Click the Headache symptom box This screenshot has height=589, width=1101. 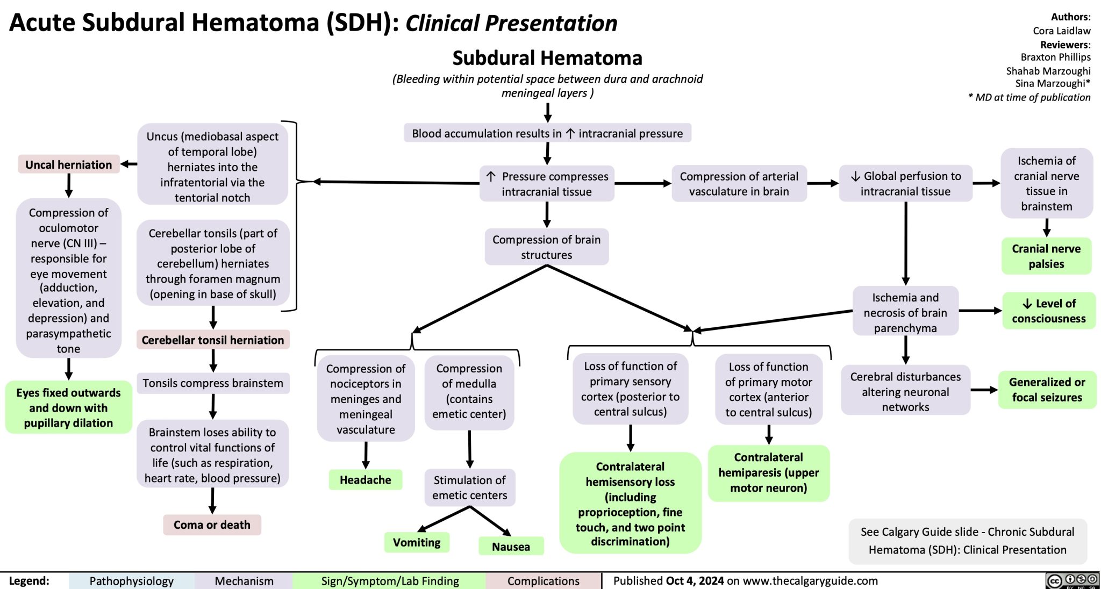(366, 479)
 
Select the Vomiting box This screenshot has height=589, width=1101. (417, 542)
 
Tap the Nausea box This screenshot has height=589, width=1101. (511, 547)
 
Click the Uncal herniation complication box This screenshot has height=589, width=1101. (69, 164)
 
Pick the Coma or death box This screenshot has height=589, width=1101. (212, 525)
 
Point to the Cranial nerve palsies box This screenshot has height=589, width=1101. (1046, 256)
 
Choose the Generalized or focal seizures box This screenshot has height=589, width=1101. (1047, 390)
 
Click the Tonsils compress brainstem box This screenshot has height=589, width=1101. (213, 383)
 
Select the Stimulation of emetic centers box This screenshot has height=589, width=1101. (470, 487)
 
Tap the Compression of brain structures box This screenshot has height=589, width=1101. (546, 247)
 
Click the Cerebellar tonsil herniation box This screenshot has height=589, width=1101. (213, 340)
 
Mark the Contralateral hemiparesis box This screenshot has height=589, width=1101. (769, 472)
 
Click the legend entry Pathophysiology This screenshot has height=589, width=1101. (131, 581)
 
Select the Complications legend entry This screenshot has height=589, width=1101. (543, 581)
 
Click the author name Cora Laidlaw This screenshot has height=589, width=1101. (1061, 31)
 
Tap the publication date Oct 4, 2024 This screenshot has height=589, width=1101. (695, 580)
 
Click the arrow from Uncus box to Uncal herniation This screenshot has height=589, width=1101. (128, 164)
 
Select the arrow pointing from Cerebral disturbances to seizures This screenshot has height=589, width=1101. (984, 390)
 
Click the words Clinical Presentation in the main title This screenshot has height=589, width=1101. (511, 23)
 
